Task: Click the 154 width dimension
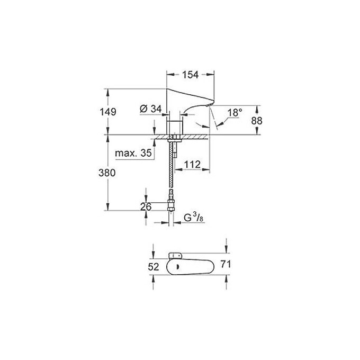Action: pyautogui.click(x=191, y=75)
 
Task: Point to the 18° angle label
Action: pyautogui.click(x=235, y=113)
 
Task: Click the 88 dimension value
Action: pyautogui.click(x=256, y=120)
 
